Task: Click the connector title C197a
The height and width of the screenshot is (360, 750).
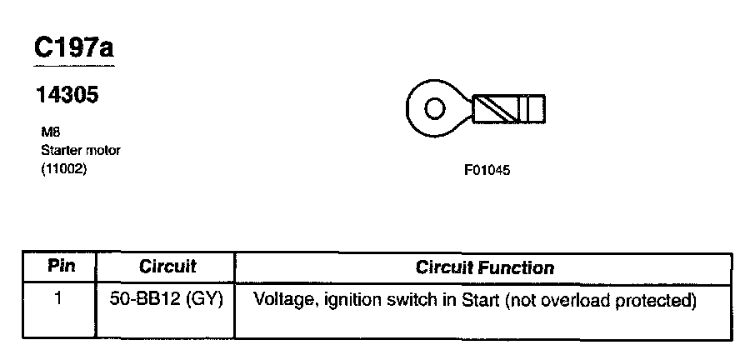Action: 72,48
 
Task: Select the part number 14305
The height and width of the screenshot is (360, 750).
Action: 67,96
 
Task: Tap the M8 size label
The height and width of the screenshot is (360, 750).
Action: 48,132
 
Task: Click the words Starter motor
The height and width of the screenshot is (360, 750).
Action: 81,151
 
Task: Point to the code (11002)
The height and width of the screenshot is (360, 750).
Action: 64,168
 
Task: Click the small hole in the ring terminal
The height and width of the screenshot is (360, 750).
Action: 432,108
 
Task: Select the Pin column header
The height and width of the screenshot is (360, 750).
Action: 59,267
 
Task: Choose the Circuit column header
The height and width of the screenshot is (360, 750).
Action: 167,267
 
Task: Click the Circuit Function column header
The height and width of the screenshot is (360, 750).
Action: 484,267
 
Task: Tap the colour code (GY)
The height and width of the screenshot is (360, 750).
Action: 207,299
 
